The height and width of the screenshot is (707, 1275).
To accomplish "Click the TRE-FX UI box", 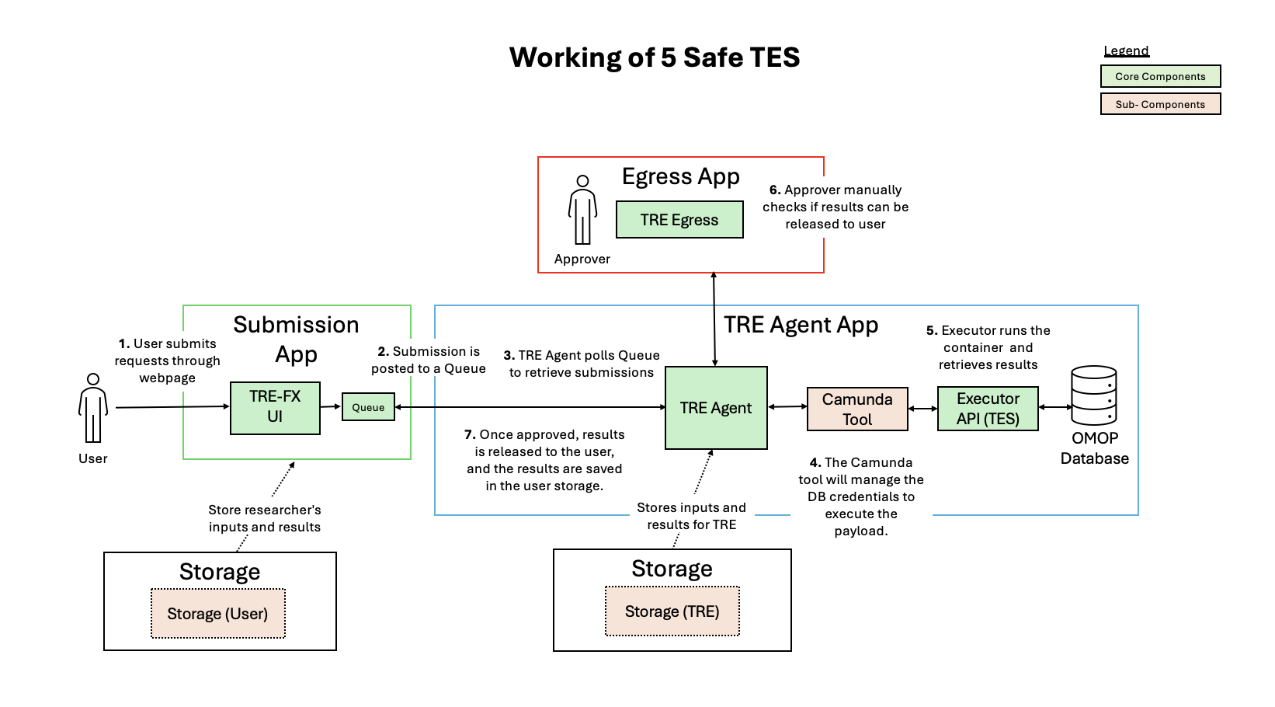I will [275, 407].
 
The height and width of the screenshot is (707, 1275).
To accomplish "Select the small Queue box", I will [368, 407].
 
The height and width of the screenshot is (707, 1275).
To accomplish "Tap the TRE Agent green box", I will [716, 408].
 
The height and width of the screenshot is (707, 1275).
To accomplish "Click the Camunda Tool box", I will [857, 409].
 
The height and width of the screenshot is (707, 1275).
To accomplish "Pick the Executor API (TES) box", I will [988, 409].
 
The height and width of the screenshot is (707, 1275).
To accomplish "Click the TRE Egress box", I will [679, 220].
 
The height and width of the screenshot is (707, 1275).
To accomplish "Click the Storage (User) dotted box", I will [218, 614].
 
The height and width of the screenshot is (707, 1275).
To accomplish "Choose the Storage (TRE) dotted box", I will [672, 611].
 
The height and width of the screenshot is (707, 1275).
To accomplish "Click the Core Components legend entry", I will [1160, 76].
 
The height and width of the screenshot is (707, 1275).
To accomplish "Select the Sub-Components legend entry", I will [1160, 104].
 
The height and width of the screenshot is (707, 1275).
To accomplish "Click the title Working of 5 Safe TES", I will [655, 57].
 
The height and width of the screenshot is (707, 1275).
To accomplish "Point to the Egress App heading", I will [680, 176].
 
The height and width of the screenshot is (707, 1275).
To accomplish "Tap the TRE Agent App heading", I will [801, 325].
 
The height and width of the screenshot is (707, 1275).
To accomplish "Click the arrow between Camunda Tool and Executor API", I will [922, 408].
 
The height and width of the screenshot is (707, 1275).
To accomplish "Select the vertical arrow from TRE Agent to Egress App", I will [714, 319].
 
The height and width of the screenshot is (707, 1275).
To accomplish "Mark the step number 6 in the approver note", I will [774, 190].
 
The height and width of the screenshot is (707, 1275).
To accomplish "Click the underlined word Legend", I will [1126, 51].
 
